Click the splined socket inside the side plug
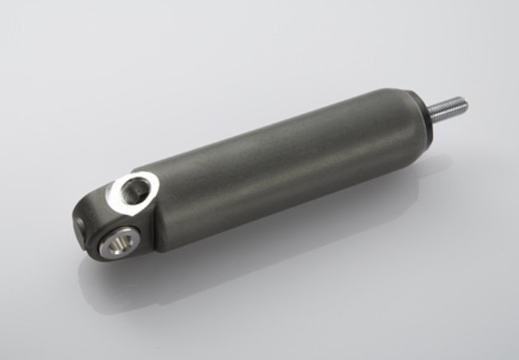pos(120,241)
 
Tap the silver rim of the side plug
pos(107,248)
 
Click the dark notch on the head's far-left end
pos(82,227)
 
